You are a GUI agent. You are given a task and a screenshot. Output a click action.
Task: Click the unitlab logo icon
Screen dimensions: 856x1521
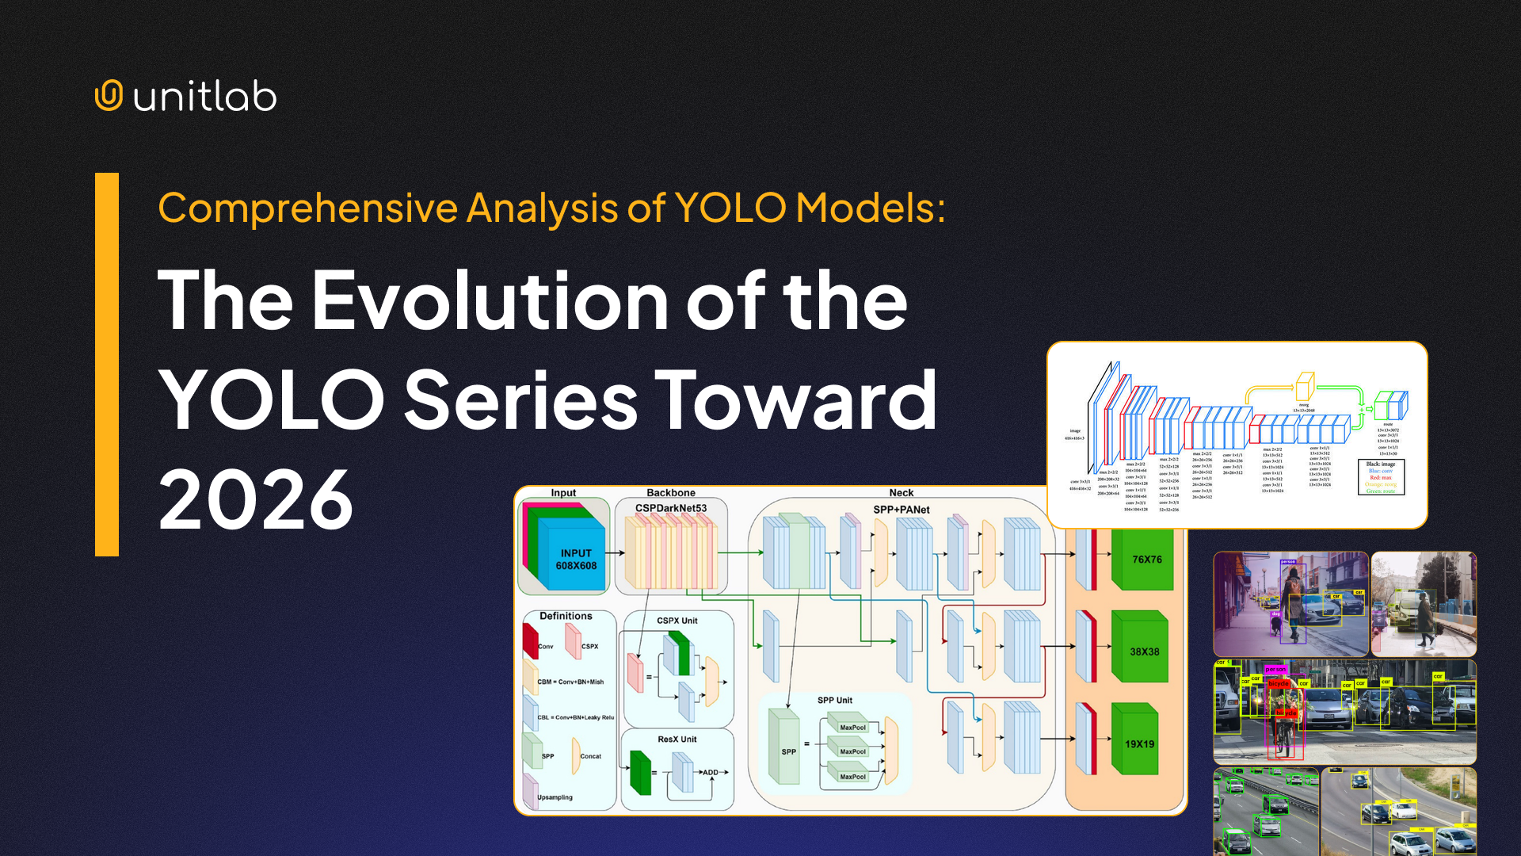[109, 96]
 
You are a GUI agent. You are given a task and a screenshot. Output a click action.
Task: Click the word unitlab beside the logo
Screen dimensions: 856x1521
[204, 97]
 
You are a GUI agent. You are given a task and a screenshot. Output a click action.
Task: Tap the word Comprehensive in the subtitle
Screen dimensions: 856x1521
[307, 208]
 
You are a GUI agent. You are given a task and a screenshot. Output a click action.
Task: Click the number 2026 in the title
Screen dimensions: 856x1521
[255, 499]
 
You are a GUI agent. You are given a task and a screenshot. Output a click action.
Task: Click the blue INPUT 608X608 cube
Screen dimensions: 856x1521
[576, 560]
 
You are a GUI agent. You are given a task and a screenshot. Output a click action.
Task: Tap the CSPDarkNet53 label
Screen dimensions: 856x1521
[670, 508]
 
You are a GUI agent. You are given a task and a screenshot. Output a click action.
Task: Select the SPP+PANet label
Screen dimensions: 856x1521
[901, 510]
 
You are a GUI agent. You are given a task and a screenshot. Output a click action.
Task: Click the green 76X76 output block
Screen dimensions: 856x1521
[1146, 560]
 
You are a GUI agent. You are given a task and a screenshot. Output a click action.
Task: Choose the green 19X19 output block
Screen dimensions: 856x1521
[1139, 743]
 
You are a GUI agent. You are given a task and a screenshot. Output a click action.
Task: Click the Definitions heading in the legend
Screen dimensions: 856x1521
[566, 616]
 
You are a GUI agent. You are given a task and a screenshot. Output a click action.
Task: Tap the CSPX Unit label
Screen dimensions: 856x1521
[677, 621]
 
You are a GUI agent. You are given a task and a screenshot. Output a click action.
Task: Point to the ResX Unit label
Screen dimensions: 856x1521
[677, 739]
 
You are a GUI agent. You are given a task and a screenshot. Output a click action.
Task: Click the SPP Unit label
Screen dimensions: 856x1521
[834, 700]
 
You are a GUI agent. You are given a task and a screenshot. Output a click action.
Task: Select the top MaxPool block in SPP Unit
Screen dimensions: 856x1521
[852, 727]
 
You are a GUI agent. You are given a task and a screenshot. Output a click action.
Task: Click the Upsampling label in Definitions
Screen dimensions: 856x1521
[555, 797]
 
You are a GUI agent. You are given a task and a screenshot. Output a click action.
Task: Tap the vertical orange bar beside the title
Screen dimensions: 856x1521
[106, 365]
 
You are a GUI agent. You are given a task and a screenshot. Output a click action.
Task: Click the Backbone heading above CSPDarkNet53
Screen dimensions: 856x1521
[670, 493]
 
